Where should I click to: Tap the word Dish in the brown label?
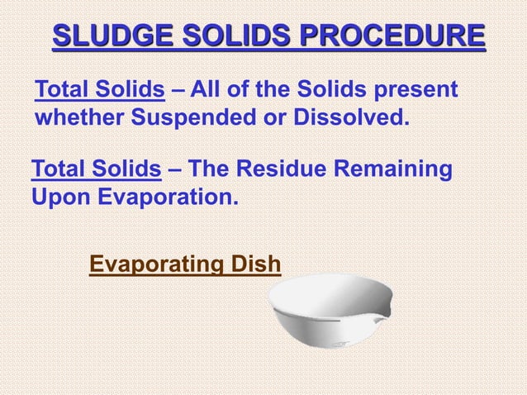coord(255,264)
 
